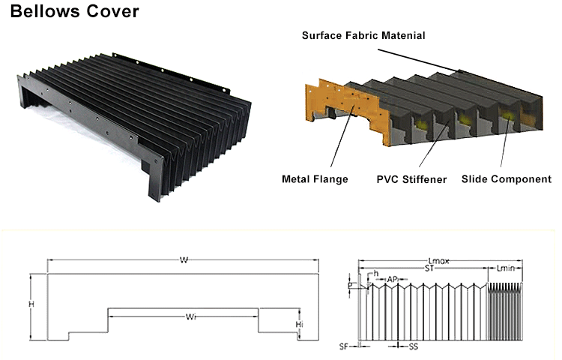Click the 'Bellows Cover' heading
click(74, 13)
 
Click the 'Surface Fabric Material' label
click(363, 35)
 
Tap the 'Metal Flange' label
click(315, 179)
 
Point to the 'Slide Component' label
click(507, 179)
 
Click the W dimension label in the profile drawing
click(184, 260)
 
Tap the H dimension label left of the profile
click(31, 304)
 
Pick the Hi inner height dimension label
click(300, 323)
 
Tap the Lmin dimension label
click(507, 268)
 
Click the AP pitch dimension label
click(392, 279)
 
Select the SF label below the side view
click(344, 347)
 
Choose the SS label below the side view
click(413, 347)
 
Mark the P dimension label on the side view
click(349, 286)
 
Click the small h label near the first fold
click(376, 272)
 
